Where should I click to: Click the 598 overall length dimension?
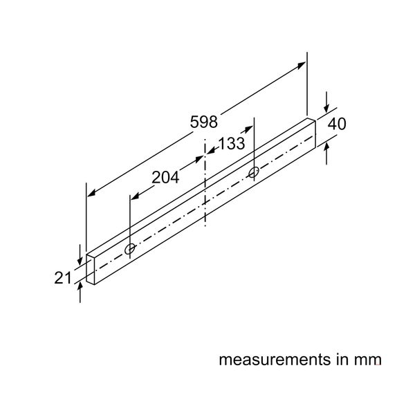203,122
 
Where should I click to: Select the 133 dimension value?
230,144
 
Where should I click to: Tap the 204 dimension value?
165,177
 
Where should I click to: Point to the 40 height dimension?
337,124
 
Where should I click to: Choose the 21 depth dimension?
64,277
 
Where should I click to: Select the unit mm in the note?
367,360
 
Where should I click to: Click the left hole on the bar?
131,248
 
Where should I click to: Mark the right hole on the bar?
254,172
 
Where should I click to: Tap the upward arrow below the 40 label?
326,147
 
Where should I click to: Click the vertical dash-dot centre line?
205,187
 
